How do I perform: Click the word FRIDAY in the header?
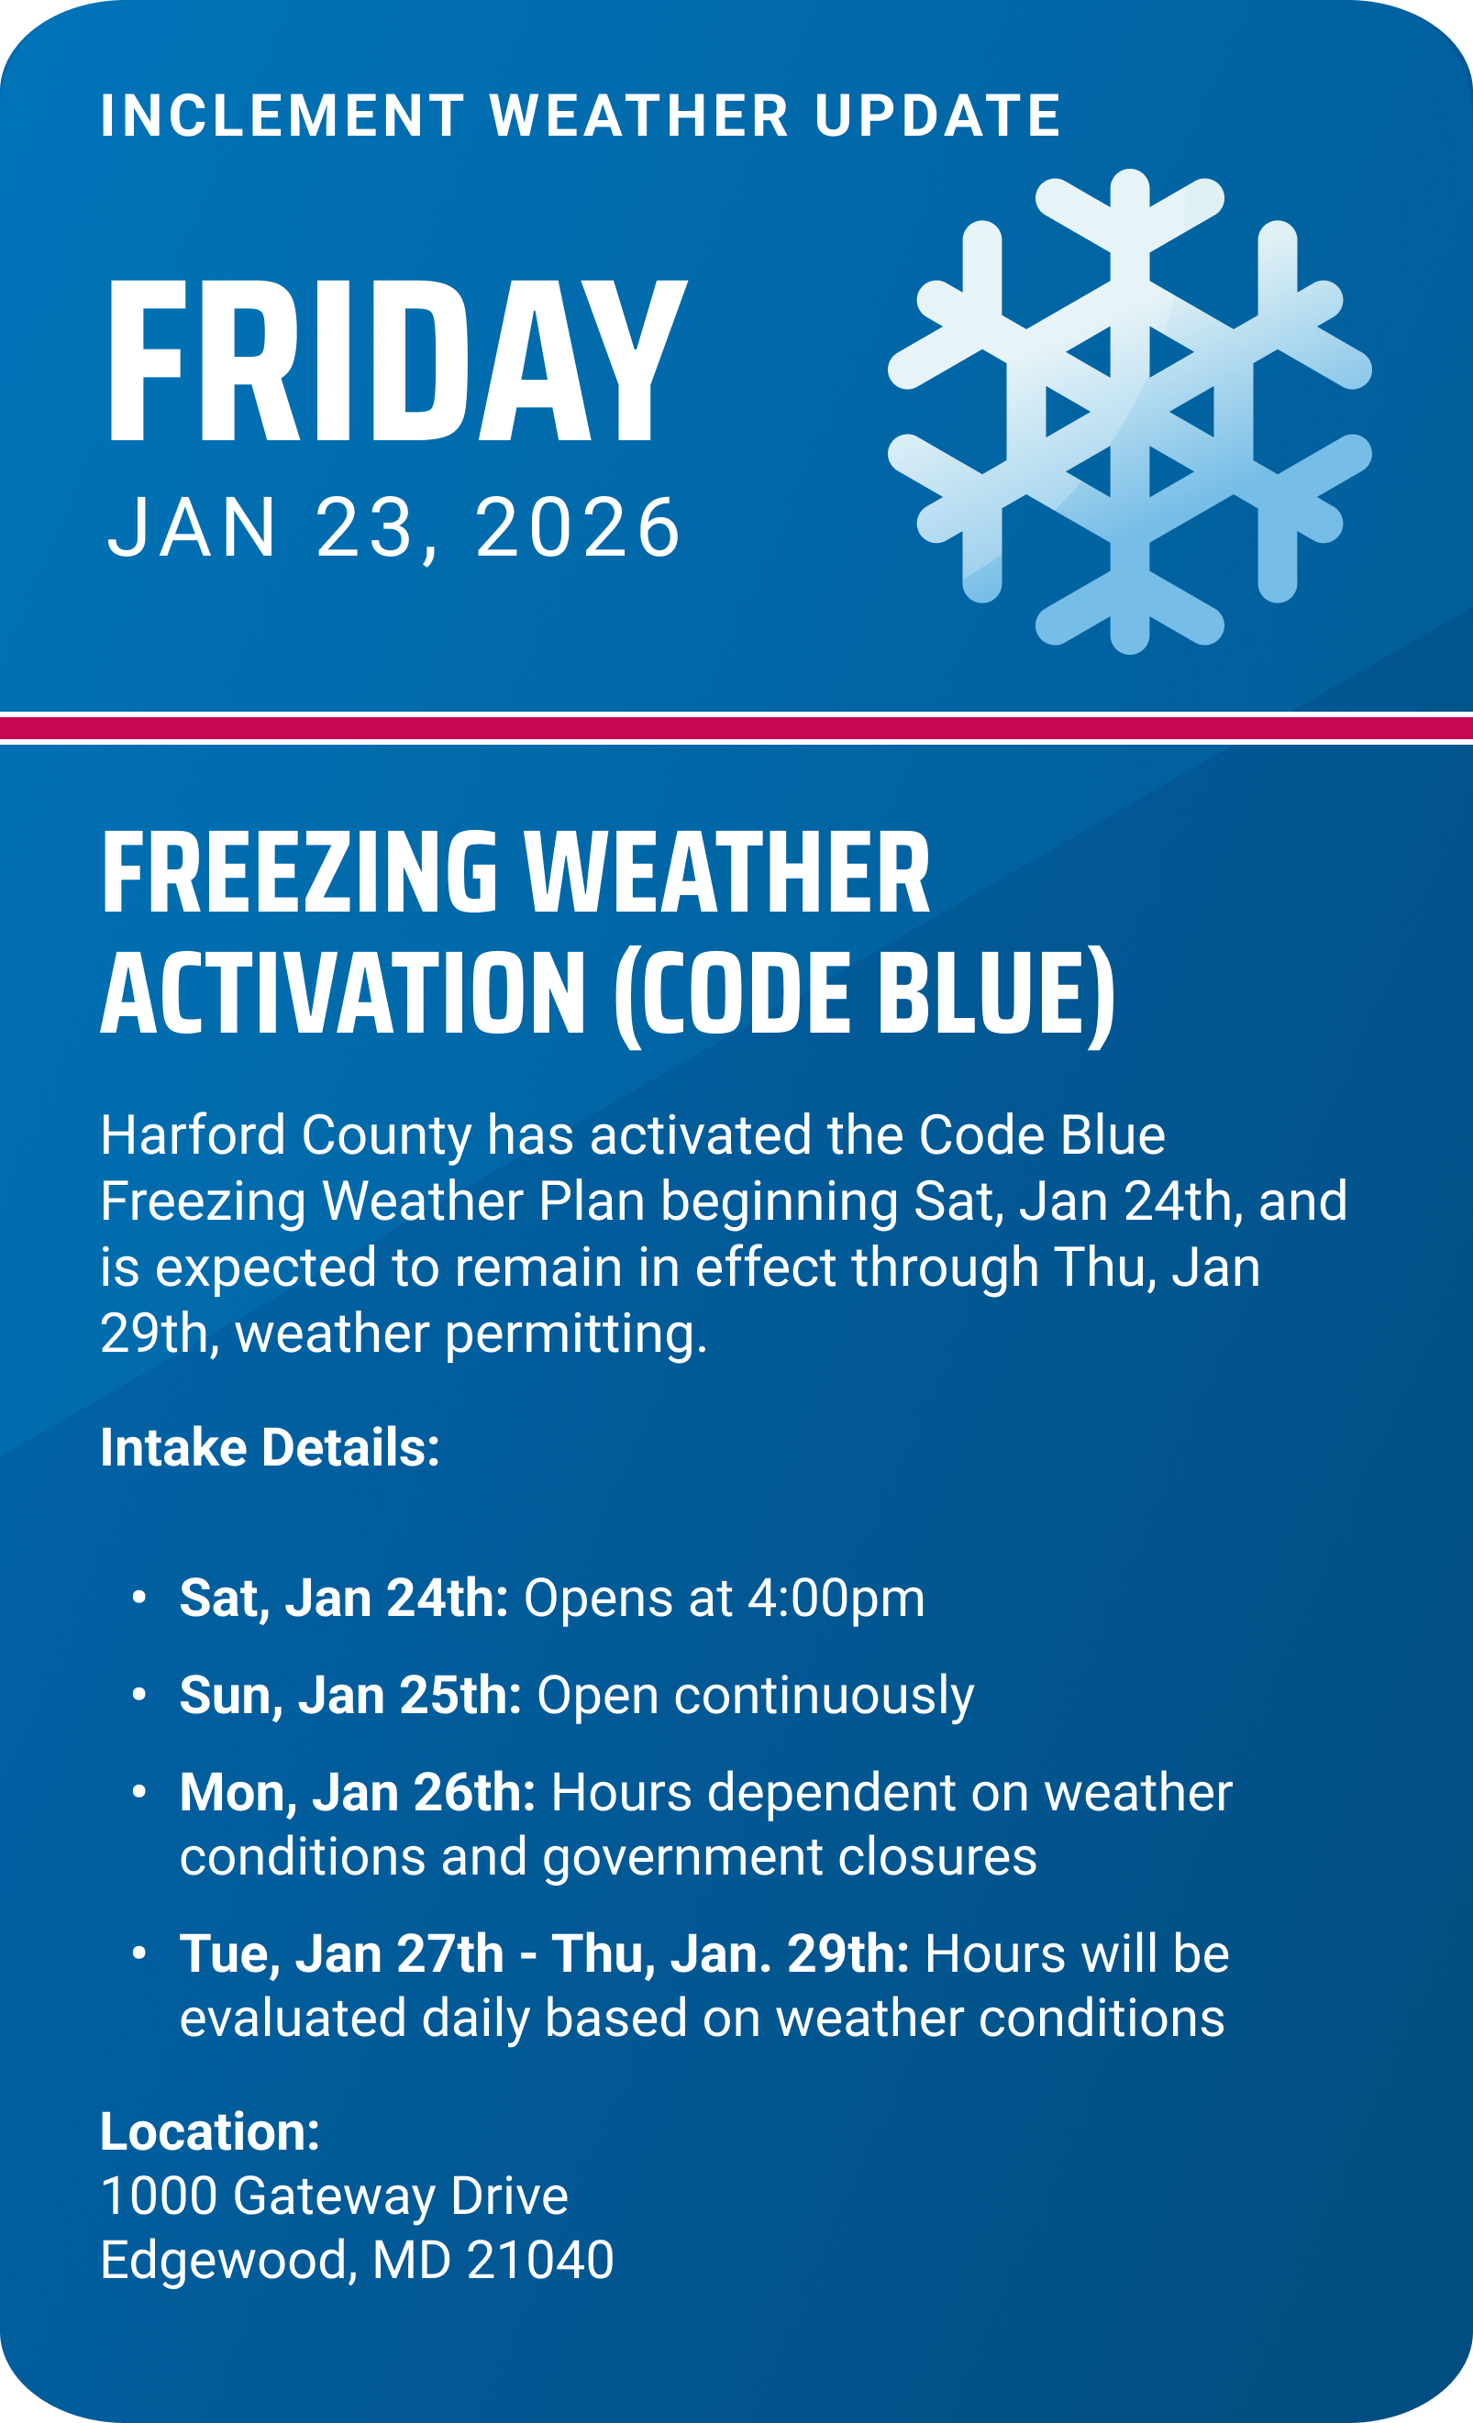(395, 361)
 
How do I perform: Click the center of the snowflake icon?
(1129, 411)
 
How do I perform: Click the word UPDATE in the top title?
(937, 116)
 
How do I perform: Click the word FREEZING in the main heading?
(299, 873)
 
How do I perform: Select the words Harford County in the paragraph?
(285, 1134)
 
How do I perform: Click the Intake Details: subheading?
(270, 1447)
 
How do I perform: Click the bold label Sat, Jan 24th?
(343, 1598)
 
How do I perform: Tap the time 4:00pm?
(836, 1598)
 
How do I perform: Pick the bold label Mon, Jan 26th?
(357, 1793)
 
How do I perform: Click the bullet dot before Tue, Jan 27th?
(139, 1953)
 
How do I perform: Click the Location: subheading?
(209, 2132)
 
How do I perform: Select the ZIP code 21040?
(540, 2260)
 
